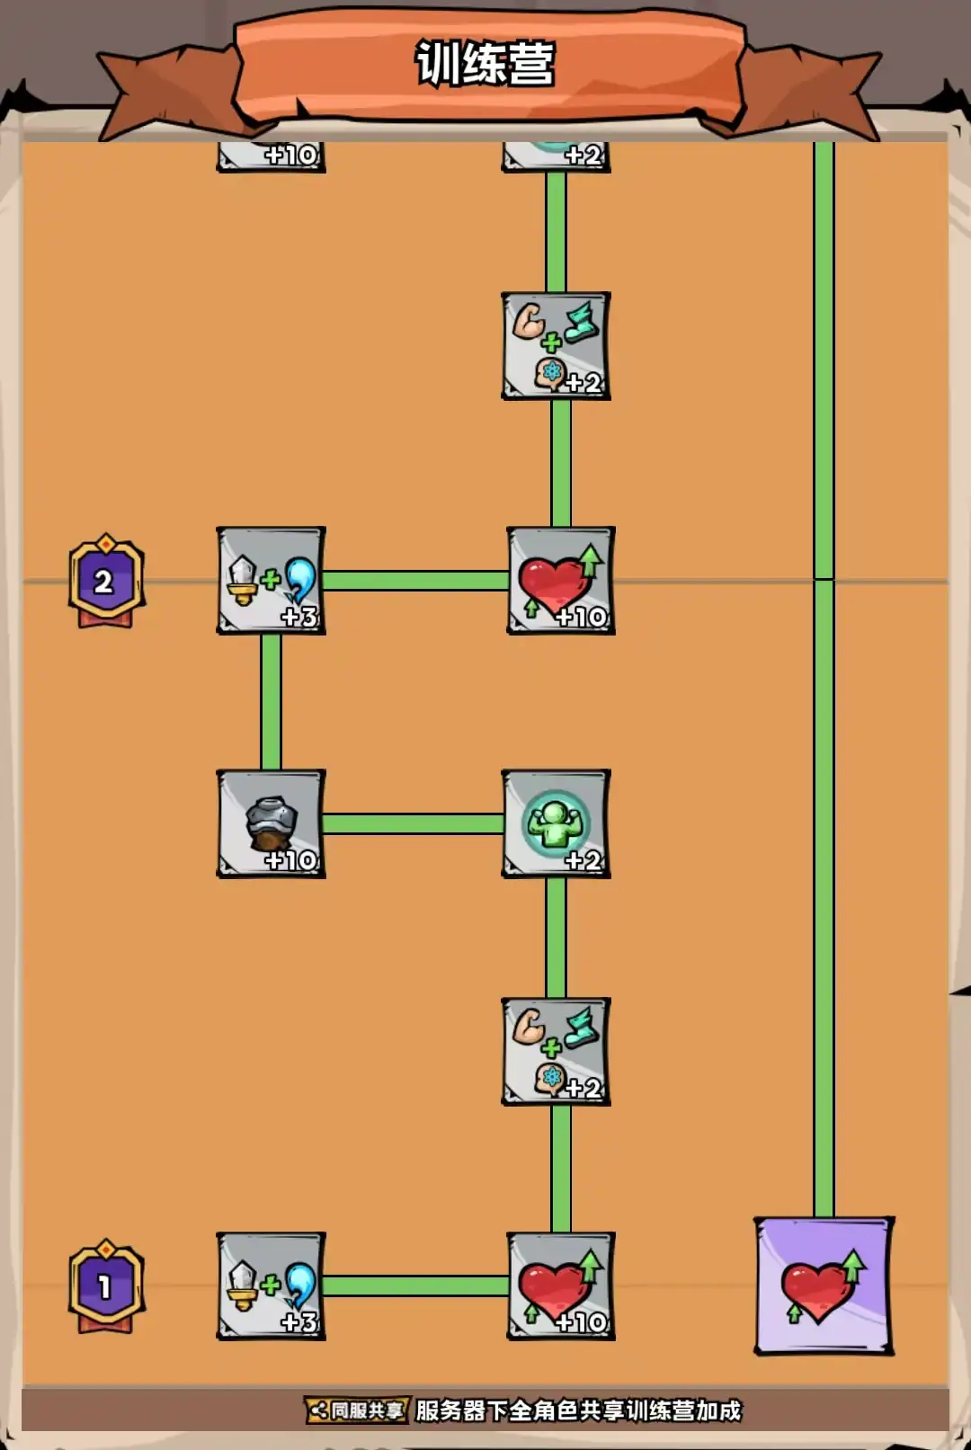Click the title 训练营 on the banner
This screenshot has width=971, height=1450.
pyautogui.click(x=485, y=64)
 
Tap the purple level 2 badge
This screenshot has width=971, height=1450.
pyautogui.click(x=106, y=581)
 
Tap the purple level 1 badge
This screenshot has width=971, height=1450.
pyautogui.click(x=106, y=1286)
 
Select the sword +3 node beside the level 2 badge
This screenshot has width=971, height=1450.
pyautogui.click(x=271, y=581)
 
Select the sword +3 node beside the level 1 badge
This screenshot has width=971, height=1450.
pyautogui.click(x=271, y=1286)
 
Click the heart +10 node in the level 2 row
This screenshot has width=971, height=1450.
pyautogui.click(x=560, y=581)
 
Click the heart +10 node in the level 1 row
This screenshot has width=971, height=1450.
pyautogui.click(x=560, y=1286)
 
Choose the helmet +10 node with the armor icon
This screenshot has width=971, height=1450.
pyautogui.click(x=271, y=823)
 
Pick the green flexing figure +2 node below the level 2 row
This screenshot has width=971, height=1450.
pyautogui.click(x=556, y=823)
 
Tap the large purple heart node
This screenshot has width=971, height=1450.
pyautogui.click(x=823, y=1285)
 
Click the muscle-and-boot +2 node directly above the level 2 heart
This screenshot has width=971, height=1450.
pyautogui.click(x=556, y=346)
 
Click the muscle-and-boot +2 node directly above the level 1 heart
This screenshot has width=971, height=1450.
pyautogui.click(x=556, y=1051)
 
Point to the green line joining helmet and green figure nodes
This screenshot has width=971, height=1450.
pyautogui.click(x=413, y=823)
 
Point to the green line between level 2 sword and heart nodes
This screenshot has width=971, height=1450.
pyautogui.click(x=415, y=581)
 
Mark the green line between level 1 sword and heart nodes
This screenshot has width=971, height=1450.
pyautogui.click(x=415, y=1285)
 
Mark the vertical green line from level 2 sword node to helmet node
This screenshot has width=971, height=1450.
pyautogui.click(x=271, y=702)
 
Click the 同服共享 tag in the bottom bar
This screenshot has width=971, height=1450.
pyautogui.click(x=358, y=1410)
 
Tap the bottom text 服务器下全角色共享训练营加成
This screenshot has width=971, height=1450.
pyautogui.click(x=578, y=1410)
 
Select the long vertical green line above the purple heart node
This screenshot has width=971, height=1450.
pyautogui.click(x=824, y=719)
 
